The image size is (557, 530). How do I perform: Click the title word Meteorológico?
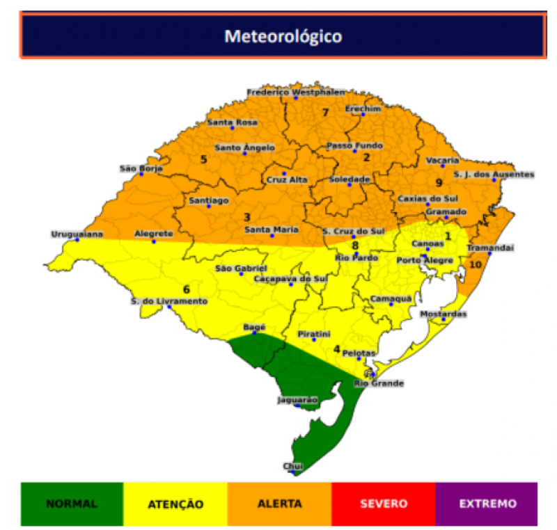[x=283, y=35]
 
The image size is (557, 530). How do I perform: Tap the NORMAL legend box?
[x=72, y=504]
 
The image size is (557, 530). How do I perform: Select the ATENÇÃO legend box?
[x=175, y=504]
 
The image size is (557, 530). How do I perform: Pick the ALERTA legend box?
[x=279, y=504]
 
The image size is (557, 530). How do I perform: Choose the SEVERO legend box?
[x=384, y=504]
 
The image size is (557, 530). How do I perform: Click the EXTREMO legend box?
[x=487, y=504]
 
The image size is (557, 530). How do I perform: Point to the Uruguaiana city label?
[x=77, y=234]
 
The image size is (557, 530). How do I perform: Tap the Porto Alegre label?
[x=425, y=260]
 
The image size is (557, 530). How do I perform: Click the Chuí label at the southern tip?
[x=292, y=466]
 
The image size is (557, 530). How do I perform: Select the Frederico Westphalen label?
[x=296, y=92]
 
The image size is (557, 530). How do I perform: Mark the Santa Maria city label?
[x=272, y=230]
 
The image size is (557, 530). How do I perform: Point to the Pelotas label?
[x=360, y=353]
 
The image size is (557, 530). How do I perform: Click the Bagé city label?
[x=254, y=327]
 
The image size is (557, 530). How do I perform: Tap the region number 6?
[x=187, y=289]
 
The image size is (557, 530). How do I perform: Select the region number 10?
[x=476, y=264]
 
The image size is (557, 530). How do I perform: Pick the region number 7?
[x=324, y=113]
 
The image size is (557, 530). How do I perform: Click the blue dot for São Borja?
[x=141, y=174]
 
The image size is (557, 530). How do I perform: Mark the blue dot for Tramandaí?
[x=489, y=254]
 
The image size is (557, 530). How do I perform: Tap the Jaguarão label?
[x=297, y=400]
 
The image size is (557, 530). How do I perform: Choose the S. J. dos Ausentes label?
[x=494, y=175]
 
